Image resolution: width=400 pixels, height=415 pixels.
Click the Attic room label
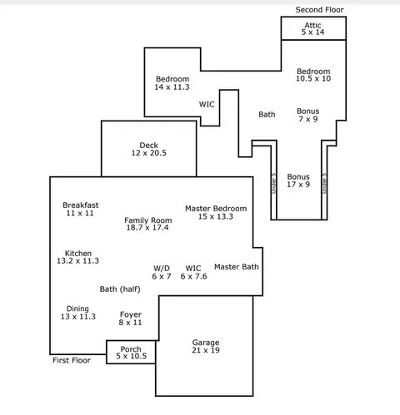(x=312, y=25)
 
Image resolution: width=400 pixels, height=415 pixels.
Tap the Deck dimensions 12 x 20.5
(x=149, y=153)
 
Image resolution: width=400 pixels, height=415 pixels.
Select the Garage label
(x=206, y=343)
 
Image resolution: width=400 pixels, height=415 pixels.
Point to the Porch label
(x=131, y=349)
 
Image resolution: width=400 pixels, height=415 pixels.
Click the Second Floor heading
(x=319, y=10)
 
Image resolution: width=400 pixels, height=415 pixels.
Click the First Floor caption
(x=72, y=360)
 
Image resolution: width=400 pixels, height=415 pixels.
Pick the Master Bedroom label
(x=216, y=209)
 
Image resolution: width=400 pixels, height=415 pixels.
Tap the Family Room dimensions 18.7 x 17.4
(x=147, y=228)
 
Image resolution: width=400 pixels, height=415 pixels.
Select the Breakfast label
(x=81, y=205)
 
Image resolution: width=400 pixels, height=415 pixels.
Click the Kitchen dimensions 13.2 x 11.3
(x=78, y=261)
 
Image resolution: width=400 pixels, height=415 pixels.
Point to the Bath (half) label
(x=120, y=289)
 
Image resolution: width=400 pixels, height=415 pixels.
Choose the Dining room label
(x=77, y=309)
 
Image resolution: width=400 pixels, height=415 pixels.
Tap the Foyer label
(x=131, y=314)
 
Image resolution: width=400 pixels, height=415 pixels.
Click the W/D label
(x=162, y=269)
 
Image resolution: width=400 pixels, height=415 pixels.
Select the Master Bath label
(x=237, y=267)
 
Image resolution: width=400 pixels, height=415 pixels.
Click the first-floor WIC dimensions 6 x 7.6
(x=194, y=276)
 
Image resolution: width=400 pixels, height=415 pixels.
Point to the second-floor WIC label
(x=207, y=105)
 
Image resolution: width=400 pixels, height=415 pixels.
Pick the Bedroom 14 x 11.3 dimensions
(x=172, y=87)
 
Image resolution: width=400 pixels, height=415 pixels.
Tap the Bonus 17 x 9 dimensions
(x=298, y=185)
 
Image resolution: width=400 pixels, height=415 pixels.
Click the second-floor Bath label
(x=267, y=115)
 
